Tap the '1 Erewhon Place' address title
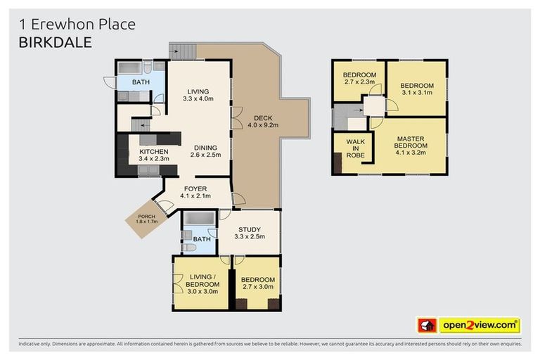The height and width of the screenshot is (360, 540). click(75, 24)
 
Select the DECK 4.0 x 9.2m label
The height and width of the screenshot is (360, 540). click(263, 121)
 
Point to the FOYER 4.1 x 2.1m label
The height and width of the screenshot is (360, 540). click(195, 192)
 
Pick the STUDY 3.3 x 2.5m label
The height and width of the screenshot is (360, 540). click(249, 233)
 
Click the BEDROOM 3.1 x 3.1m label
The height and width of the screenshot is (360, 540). click(418, 89)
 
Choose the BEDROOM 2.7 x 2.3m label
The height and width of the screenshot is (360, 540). click(359, 79)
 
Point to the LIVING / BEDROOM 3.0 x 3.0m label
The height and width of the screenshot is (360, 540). click(204, 283)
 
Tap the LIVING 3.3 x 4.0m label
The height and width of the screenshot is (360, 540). click(198, 95)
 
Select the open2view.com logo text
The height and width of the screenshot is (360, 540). click(479, 326)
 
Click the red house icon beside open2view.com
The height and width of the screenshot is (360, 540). click(426, 326)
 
